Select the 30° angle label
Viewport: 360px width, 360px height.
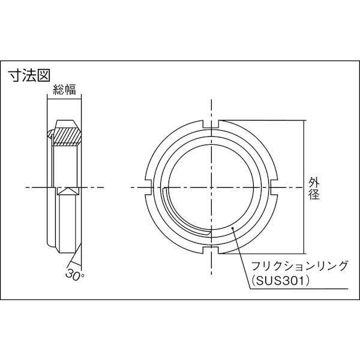[73, 274]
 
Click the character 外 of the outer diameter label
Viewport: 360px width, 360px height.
[313, 181]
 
